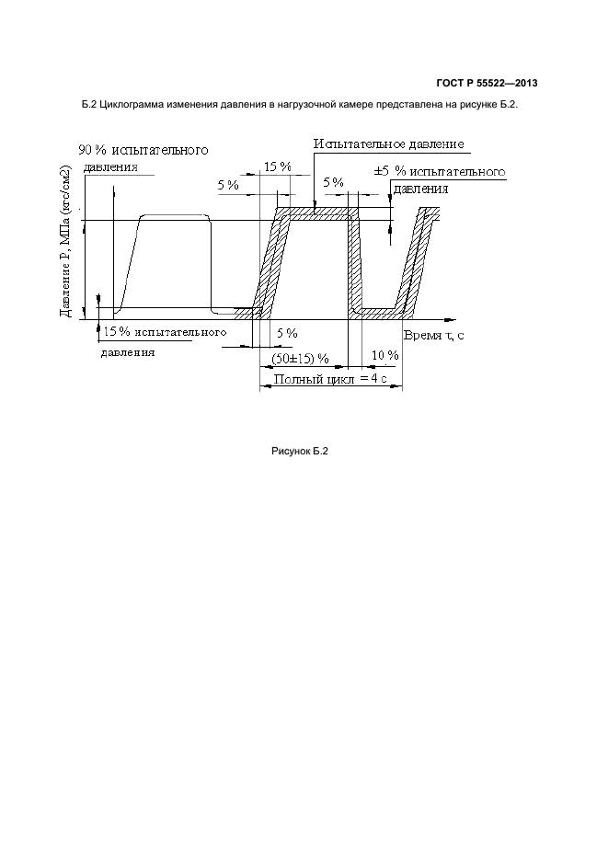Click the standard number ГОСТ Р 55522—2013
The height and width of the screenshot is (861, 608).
coord(487,84)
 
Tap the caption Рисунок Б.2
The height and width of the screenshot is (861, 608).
coord(300,452)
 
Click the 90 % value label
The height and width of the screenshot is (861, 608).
coord(92,150)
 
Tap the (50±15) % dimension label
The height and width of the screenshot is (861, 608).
coord(301,359)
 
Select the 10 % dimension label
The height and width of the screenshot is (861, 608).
coord(385,355)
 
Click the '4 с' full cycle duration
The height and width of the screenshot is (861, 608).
coord(379,379)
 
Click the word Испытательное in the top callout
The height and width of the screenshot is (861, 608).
coord(354,143)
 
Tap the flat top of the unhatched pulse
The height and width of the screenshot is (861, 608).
coord(176,216)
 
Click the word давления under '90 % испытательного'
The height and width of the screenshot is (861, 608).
coord(110,166)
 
